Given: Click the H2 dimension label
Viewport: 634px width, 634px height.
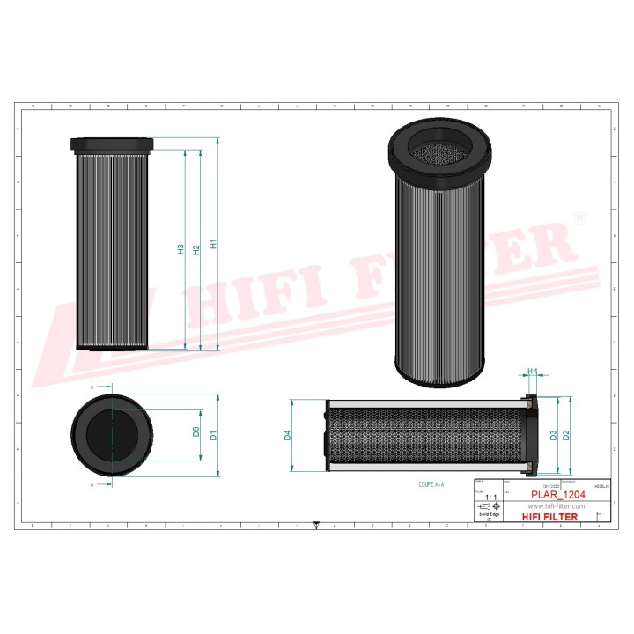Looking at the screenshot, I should click(x=196, y=250).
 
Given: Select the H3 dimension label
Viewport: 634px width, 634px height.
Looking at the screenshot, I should click(x=181, y=250).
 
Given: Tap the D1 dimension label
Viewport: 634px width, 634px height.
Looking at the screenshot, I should click(x=213, y=435).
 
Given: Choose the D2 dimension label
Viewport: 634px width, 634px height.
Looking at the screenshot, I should click(x=567, y=434).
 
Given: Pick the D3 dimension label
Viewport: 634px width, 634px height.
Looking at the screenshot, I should click(x=552, y=434).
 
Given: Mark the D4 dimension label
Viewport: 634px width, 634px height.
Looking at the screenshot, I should click(x=287, y=435).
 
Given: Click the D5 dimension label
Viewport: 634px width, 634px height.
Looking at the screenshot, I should click(x=196, y=432).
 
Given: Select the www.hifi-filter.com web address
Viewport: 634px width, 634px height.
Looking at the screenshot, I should click(x=557, y=506).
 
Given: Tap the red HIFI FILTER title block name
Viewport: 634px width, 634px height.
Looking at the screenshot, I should click(x=552, y=517).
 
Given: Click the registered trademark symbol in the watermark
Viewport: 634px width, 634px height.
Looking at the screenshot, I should click(x=579, y=217).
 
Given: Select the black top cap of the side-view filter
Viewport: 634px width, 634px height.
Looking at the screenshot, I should click(x=113, y=144).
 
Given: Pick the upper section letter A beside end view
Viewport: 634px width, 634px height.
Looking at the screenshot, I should click(x=92, y=386).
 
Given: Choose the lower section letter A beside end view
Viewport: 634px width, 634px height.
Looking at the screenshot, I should click(x=92, y=484).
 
